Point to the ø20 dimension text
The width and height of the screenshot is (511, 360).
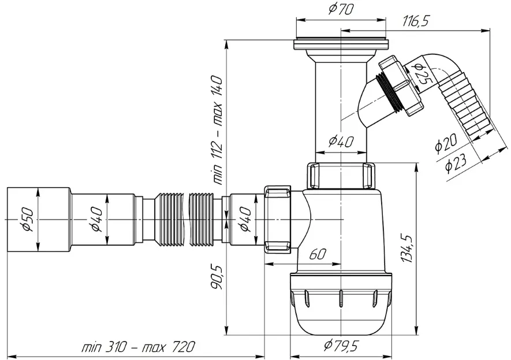[446, 143]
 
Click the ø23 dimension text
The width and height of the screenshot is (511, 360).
[456, 162]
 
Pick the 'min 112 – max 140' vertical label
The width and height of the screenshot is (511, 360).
[217, 130]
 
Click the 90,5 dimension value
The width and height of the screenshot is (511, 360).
[217, 277]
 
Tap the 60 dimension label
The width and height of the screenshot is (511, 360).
[317, 254]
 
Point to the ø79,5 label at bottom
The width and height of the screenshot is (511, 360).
[341, 345]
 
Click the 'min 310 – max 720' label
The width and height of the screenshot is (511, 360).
[139, 347]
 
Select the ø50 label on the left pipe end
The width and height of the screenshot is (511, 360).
[28, 220]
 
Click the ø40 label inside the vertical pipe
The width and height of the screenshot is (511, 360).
[341, 142]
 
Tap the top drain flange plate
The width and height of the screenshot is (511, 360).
[341, 44]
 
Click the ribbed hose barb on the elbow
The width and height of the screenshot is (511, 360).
[465, 108]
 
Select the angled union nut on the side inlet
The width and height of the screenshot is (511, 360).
[401, 86]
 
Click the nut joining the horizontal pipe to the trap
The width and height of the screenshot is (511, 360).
[277, 219]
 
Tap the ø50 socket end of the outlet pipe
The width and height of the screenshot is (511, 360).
[38, 220]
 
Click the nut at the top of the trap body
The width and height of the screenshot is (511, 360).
[341, 176]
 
